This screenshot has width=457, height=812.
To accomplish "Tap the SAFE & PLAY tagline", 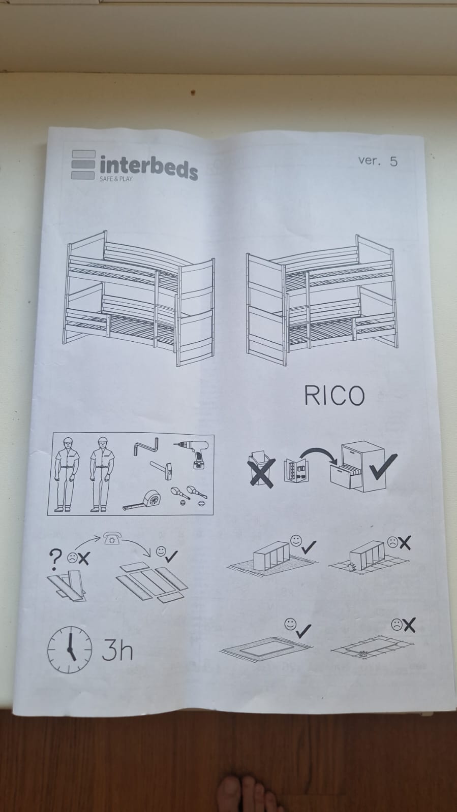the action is click(116, 179).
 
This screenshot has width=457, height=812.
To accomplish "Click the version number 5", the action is click(394, 161).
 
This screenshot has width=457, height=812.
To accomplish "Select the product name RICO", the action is click(334, 395).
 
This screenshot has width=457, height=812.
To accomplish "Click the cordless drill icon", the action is click(193, 453).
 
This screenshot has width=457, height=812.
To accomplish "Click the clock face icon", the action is click(70, 650).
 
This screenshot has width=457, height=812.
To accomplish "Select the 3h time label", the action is click(117, 651).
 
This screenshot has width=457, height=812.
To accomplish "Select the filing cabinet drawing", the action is click(357, 466).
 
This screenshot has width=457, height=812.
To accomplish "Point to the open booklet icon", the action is click(295, 470).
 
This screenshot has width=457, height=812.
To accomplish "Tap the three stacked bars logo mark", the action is click(83, 165).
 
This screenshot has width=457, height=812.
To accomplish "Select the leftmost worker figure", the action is click(67, 474).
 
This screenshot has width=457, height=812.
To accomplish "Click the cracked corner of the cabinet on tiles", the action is click(351, 567).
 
